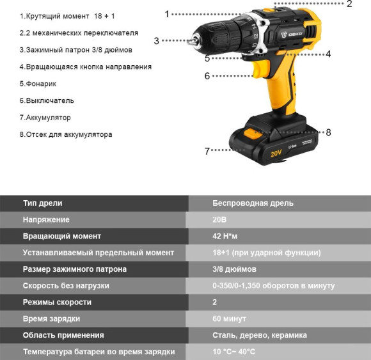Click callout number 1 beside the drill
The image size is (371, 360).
(168, 13)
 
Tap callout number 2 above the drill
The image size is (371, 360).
(349, 4)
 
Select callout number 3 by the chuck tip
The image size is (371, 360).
(156, 40)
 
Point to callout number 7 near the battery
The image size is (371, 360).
(207, 151)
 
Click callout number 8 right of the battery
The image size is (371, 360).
(328, 132)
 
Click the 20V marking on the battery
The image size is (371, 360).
(276, 153)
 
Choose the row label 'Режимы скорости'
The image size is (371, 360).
(57, 302)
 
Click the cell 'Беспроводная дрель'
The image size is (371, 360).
(253, 203)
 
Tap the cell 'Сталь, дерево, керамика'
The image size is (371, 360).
(260, 335)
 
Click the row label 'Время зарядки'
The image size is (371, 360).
(54, 318)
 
